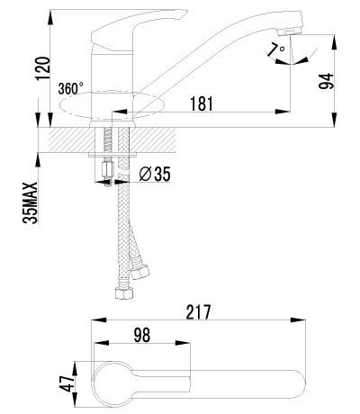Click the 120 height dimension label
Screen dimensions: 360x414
(x=43, y=68)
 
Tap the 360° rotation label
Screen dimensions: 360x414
(x=71, y=88)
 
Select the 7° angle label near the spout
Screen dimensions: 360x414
(x=276, y=49)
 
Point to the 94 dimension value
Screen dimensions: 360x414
(x=326, y=81)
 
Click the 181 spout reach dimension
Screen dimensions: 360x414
(x=202, y=103)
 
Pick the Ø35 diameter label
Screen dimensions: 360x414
(x=155, y=174)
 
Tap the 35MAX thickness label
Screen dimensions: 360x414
(x=31, y=202)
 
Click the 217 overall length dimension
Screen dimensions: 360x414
(x=198, y=312)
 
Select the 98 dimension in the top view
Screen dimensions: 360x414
(x=142, y=335)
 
